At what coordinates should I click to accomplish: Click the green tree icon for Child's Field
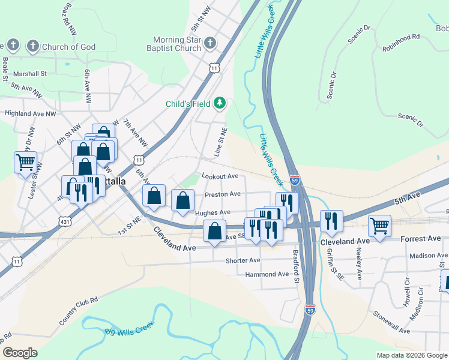click(220, 103)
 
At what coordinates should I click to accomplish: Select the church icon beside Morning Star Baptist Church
click(209, 43)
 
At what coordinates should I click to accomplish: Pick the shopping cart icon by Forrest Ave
click(379, 226)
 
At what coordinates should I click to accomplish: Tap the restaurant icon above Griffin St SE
click(331, 221)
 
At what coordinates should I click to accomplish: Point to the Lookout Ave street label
click(220, 176)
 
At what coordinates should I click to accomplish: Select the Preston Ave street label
click(223, 194)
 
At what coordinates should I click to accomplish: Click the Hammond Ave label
click(267, 275)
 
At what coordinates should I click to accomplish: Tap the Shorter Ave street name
click(243, 261)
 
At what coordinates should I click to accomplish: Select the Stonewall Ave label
click(391, 322)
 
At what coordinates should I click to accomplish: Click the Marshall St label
click(31, 74)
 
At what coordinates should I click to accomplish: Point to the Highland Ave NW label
click(30, 113)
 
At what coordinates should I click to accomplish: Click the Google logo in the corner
click(20, 353)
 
